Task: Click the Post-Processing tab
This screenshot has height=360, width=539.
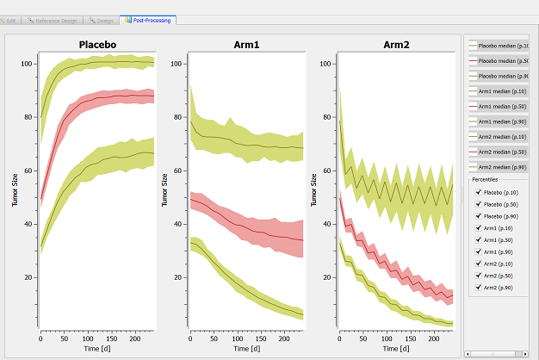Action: coord(149,19)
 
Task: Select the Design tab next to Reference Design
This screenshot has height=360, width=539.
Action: coord(101,19)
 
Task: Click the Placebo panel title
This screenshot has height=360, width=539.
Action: coord(97,44)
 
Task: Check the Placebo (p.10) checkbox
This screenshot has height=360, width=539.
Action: coord(479,192)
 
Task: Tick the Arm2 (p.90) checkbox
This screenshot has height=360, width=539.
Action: coord(479,287)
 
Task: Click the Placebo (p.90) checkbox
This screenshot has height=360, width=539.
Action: coord(479,216)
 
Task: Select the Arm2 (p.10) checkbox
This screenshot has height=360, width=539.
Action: coord(479,264)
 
